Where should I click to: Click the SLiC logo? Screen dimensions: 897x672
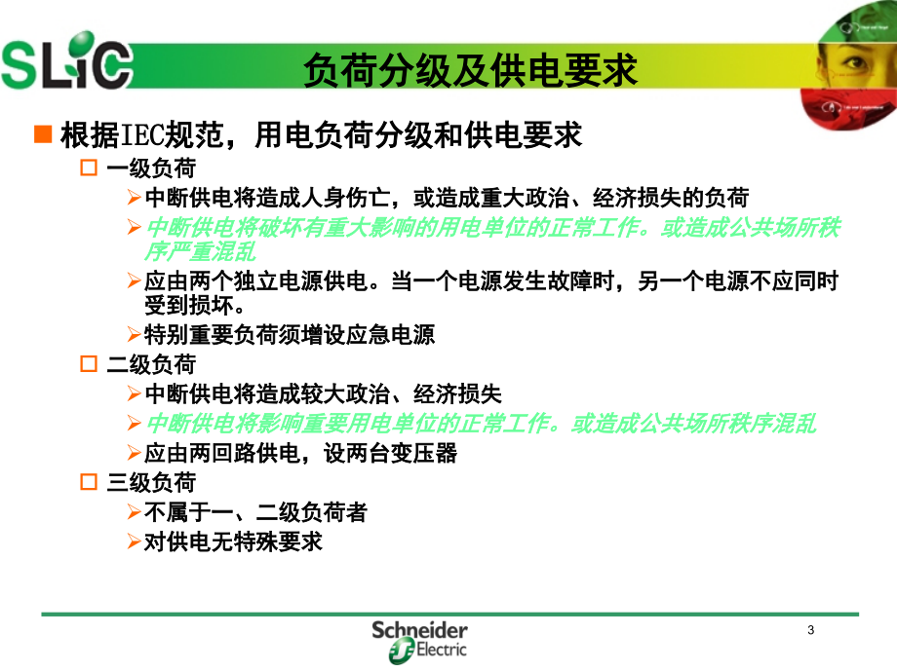pyautogui.click(x=67, y=61)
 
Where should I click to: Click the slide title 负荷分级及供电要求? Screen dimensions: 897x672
pyautogui.click(x=470, y=70)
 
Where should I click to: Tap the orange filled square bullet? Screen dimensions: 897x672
pyautogui.click(x=43, y=134)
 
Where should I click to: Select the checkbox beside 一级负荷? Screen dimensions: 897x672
pyautogui.click(x=89, y=168)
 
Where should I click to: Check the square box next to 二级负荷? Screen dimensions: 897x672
pyautogui.click(x=89, y=364)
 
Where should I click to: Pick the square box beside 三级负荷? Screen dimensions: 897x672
pyautogui.click(x=89, y=482)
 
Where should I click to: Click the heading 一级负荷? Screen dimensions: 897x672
pyautogui.click(x=151, y=168)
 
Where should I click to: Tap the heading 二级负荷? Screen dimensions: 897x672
pyautogui.click(x=151, y=364)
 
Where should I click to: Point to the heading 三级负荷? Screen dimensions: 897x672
pyautogui.click(x=151, y=483)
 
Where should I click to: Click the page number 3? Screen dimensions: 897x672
pyautogui.click(x=810, y=630)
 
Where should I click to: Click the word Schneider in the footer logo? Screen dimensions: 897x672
pyautogui.click(x=419, y=630)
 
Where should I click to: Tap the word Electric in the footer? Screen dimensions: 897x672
pyautogui.click(x=441, y=650)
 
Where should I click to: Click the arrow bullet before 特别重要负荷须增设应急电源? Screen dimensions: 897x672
pyautogui.click(x=135, y=334)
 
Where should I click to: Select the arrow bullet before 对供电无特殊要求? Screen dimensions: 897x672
pyautogui.click(x=135, y=541)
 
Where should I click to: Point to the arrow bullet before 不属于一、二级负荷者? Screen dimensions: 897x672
pyautogui.click(x=135, y=511)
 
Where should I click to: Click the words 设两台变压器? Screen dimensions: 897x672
pyautogui.click(x=390, y=453)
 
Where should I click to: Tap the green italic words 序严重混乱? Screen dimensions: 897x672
pyautogui.click(x=200, y=251)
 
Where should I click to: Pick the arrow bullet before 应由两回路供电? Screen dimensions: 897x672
pyautogui.click(x=135, y=453)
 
